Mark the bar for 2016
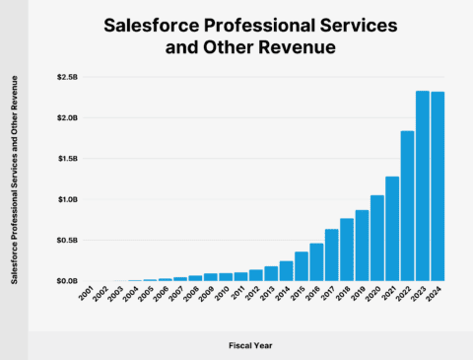click(316, 261)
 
